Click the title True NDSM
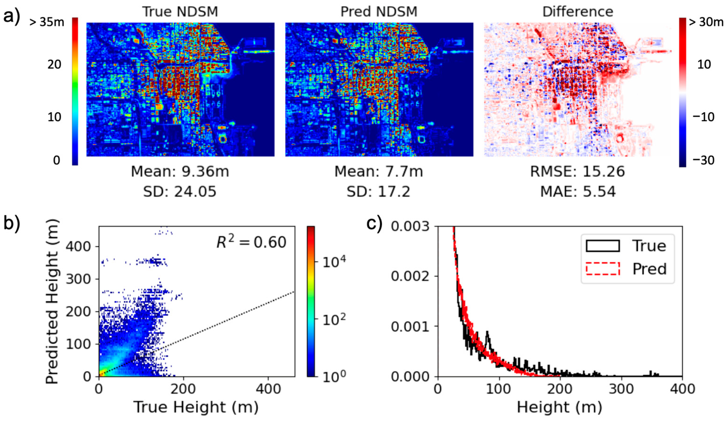pyautogui.click(x=180, y=12)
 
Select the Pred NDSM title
pyautogui.click(x=379, y=12)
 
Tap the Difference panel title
pyautogui.click(x=578, y=12)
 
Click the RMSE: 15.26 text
pyautogui.click(x=578, y=172)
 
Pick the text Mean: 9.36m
pyautogui.click(x=180, y=172)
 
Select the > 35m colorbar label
pyautogui.click(x=47, y=22)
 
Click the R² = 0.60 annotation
pyautogui.click(x=251, y=242)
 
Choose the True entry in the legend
pyautogui.click(x=649, y=246)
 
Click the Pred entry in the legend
pyautogui.click(x=649, y=269)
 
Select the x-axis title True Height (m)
pyautogui.click(x=196, y=407)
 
